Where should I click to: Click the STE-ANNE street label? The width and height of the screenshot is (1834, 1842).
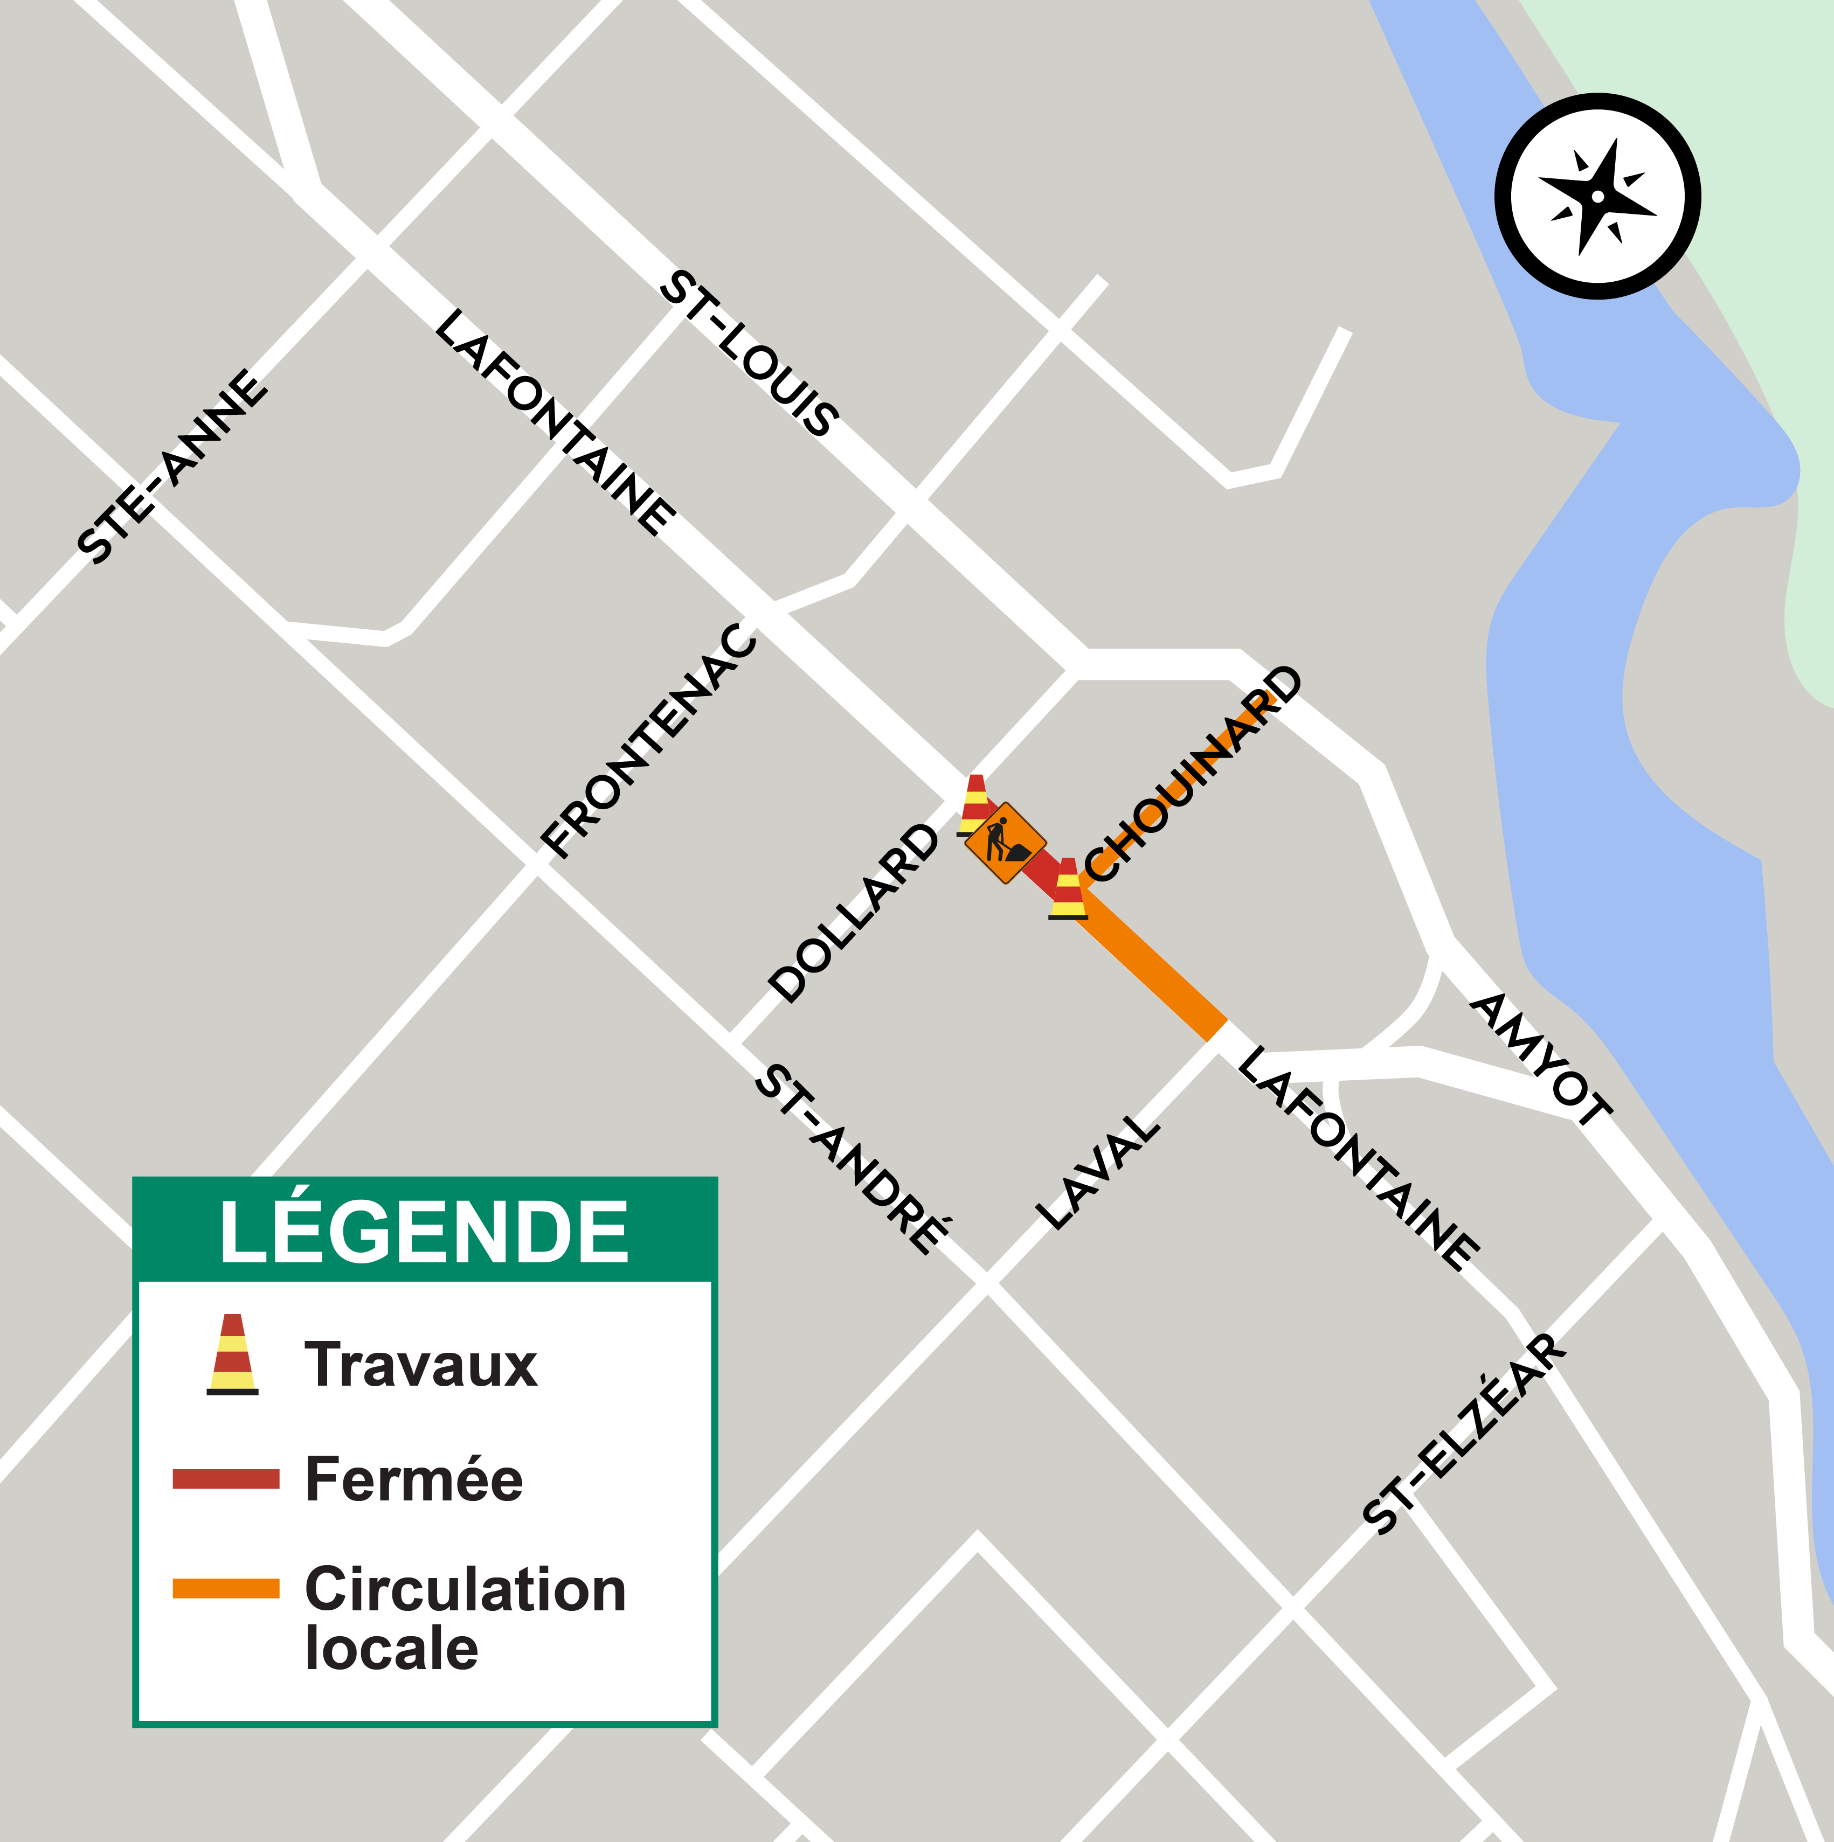(x=172, y=467)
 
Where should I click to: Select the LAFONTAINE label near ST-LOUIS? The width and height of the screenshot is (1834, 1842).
(x=555, y=421)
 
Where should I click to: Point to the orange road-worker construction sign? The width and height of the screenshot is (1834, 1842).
(x=1005, y=843)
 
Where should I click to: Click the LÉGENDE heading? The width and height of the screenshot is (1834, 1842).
(x=424, y=1233)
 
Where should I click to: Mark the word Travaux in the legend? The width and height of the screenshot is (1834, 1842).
(x=420, y=1365)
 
